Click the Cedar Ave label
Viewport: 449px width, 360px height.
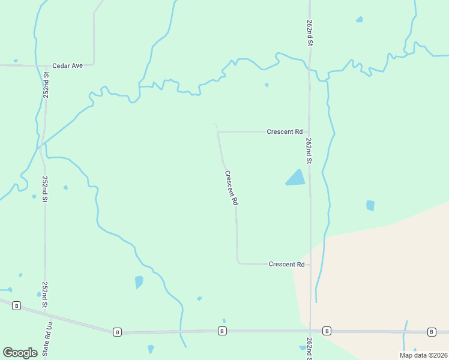tap(67, 65)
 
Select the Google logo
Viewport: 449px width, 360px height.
tap(20, 353)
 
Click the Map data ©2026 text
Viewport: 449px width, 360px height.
tap(423, 355)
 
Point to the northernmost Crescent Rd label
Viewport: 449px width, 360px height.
tap(285, 131)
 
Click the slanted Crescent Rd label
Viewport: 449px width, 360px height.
tap(231, 188)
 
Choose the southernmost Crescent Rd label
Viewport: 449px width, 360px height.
tap(286, 264)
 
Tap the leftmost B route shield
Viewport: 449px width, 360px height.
tap(17, 305)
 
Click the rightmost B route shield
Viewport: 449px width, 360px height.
tap(432, 332)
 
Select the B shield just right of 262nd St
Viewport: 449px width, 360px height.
tap(327, 331)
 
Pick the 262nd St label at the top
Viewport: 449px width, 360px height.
tap(310, 33)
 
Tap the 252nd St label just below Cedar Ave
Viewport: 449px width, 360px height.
tap(46, 85)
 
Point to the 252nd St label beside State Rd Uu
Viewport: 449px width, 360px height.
tap(45, 295)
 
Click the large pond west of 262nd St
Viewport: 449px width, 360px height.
tap(295, 178)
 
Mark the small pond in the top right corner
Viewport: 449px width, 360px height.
tap(359, 20)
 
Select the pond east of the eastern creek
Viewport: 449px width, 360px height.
tap(370, 205)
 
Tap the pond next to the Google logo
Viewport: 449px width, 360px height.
tap(151, 349)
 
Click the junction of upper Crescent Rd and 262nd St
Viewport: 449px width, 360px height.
tap(309, 131)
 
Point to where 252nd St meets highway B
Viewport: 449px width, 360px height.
tap(45, 313)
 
